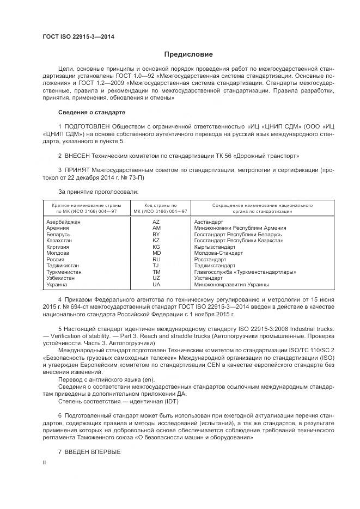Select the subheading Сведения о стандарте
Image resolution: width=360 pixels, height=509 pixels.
[x=91, y=112]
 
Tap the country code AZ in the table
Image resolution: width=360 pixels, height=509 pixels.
[x=156, y=222]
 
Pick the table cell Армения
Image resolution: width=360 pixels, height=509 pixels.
[x=58, y=228]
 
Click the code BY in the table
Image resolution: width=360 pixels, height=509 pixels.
[x=156, y=234]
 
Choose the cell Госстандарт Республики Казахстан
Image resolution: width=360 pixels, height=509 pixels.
[x=239, y=240]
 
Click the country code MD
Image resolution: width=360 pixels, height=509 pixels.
[x=156, y=253]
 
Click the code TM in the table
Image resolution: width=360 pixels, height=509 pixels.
[x=156, y=271]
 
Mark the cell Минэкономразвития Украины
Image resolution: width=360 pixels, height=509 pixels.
[x=231, y=284]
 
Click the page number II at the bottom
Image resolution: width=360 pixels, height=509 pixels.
[x=45, y=462]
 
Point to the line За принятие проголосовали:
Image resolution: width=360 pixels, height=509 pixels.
[x=98, y=191]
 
